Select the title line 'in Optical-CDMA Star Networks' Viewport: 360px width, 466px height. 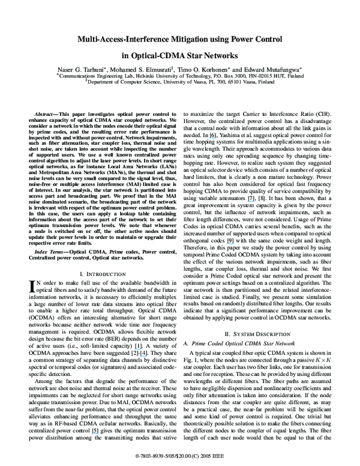pyautogui.click(x=180, y=55)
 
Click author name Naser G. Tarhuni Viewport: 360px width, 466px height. pyautogui.click(x=88, y=70)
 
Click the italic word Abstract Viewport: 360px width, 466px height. pyautogui.click(x=44, y=112)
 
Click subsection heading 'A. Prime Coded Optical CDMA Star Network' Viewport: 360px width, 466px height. pyautogui.click(x=235, y=342)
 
